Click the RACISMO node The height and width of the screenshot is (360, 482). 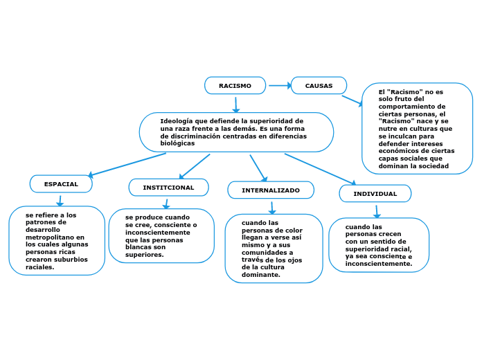[x=235, y=85]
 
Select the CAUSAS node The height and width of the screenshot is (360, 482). [x=319, y=85]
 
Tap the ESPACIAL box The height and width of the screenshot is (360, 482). [x=61, y=183]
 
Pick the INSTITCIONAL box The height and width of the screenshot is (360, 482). [x=168, y=188]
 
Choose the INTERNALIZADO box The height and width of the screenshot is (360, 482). [x=271, y=190]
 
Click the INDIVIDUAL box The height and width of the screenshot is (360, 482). [x=375, y=193]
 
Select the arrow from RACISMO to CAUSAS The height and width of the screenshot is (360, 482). [x=278, y=85]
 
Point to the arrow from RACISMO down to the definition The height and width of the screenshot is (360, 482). [x=235, y=104]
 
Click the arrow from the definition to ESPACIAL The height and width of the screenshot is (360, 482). [x=128, y=165]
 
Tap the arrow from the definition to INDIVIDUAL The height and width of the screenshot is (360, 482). [x=323, y=169]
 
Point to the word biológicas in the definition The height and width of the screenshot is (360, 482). [x=177, y=143]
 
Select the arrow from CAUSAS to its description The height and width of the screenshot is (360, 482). [x=354, y=101]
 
